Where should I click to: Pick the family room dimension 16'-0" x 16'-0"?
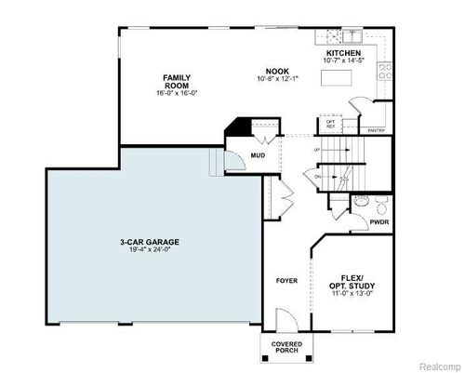[177, 94]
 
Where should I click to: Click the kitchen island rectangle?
[339, 80]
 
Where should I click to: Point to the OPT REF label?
[330, 123]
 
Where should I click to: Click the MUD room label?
[258, 154]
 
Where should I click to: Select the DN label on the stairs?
[317, 175]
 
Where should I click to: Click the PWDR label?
[379, 222]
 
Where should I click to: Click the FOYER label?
[286, 280]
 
